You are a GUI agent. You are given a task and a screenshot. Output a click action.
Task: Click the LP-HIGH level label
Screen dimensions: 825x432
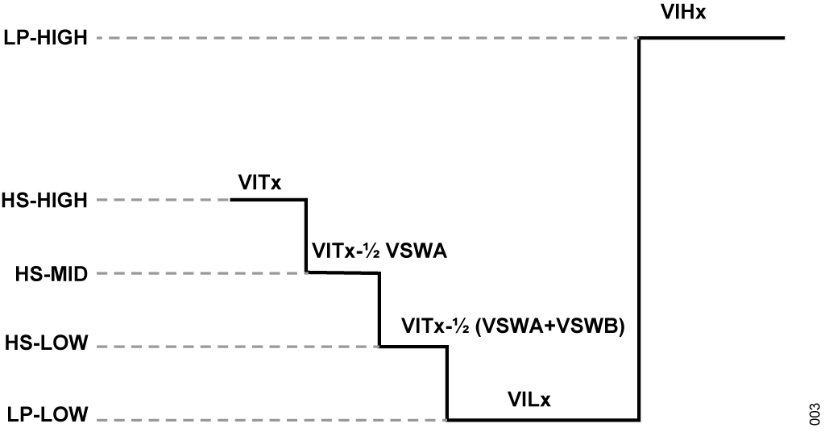(45, 38)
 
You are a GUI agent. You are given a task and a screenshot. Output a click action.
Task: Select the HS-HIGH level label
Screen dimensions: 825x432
(44, 201)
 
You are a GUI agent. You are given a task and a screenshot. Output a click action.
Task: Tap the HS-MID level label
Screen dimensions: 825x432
(51, 274)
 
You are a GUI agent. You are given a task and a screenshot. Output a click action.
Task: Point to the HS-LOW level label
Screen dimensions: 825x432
(46, 343)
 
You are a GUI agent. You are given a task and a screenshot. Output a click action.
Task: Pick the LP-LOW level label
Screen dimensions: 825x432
(48, 414)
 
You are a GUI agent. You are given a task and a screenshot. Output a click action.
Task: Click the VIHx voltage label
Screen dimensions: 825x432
(683, 12)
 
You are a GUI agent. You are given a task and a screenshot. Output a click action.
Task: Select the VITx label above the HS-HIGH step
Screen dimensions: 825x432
(260, 183)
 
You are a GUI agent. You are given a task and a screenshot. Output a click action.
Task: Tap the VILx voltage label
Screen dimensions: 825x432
(529, 400)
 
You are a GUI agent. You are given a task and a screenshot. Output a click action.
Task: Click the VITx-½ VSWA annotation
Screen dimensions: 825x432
(379, 251)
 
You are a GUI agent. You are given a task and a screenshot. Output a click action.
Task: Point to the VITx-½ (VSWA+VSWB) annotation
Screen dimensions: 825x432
(513, 326)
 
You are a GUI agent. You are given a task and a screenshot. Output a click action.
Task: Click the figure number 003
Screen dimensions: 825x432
(815, 414)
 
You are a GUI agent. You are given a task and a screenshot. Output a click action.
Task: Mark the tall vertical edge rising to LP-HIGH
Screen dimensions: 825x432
(639, 229)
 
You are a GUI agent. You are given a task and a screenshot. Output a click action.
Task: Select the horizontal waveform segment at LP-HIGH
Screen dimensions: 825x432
(712, 38)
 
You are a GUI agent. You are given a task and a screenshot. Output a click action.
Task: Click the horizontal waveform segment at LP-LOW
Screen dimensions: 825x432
(544, 420)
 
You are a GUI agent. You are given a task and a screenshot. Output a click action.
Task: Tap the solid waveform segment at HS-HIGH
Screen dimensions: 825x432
(268, 199)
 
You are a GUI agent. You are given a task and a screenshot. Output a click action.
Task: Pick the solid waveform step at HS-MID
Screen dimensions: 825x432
(343, 272)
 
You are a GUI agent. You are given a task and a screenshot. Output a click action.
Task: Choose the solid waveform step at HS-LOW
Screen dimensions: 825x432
(413, 347)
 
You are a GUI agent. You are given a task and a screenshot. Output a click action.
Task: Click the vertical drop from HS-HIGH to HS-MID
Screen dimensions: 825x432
(306, 235)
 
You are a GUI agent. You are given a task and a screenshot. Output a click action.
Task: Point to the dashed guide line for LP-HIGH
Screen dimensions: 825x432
(367, 38)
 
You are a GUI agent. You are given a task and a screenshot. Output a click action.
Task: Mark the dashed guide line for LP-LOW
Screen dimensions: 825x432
(272, 420)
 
